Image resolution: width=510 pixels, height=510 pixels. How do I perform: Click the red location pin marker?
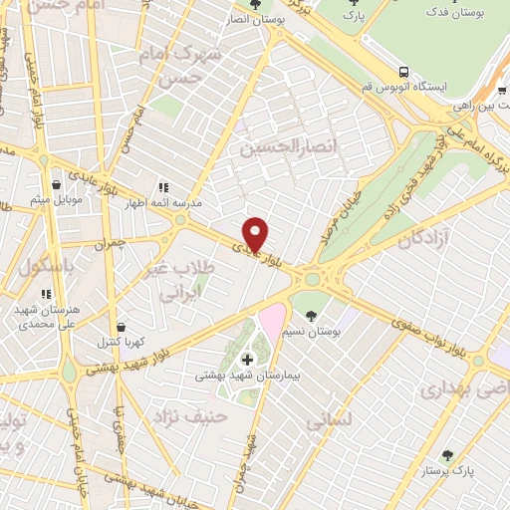pos(256,234)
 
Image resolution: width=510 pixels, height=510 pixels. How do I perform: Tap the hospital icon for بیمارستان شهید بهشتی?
pos(247,359)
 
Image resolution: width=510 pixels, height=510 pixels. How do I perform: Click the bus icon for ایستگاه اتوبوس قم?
pos(403,72)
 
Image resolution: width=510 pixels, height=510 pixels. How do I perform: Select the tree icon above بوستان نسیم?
pos(312,314)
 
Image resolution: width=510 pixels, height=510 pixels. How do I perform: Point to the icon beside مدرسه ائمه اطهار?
pos(163,186)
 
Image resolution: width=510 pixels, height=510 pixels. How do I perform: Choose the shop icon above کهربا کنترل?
pos(122,327)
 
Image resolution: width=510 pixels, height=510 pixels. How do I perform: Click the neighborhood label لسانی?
pos(330,421)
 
